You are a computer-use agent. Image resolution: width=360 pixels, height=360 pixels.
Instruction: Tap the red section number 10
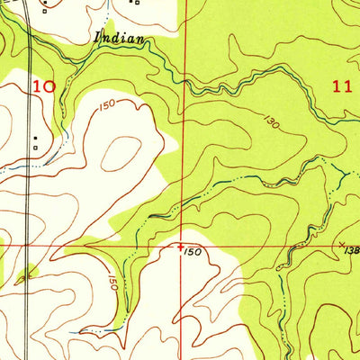[44, 87]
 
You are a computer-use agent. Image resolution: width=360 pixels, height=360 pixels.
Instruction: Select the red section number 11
[340, 87]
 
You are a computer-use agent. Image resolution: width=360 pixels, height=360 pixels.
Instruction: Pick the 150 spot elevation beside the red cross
[192, 253]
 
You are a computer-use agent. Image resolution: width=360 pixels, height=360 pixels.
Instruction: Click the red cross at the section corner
[182, 244]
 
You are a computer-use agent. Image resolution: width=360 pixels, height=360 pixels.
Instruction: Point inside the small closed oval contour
[121, 152]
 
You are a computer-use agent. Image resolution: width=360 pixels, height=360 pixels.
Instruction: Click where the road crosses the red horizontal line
[30, 244]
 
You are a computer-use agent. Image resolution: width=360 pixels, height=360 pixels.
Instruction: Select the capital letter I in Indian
[97, 38]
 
